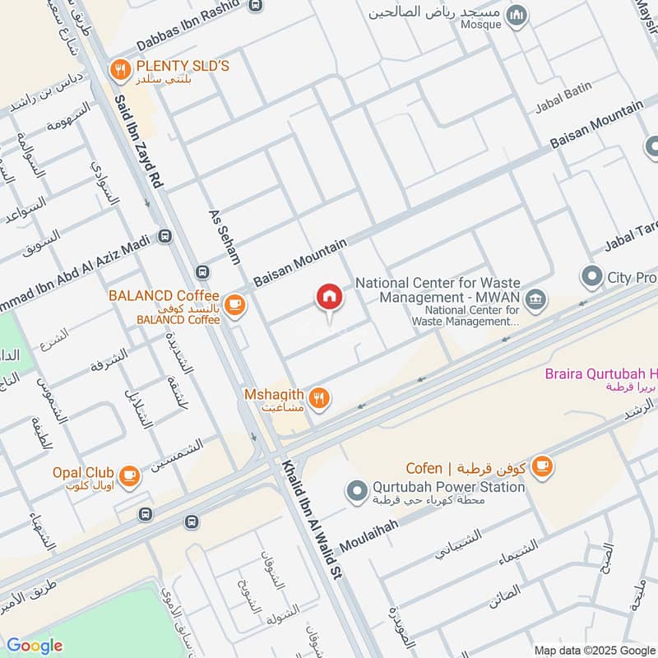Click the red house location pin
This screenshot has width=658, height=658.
tap(329, 298)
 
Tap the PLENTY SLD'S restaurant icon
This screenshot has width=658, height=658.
tap(122, 71)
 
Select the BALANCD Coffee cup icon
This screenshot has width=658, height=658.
tap(235, 305)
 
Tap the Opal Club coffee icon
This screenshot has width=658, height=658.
tap(129, 475)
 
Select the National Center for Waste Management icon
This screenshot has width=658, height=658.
tap(536, 300)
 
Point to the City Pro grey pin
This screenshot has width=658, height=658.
tap(591, 277)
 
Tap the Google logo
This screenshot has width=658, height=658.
tap(35, 646)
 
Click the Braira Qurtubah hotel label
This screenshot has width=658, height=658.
tap(600, 375)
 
